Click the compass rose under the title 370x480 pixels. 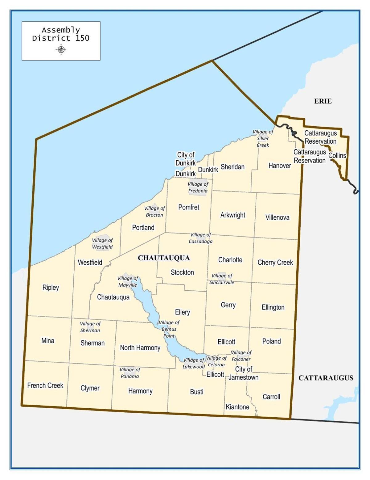click(x=61, y=49)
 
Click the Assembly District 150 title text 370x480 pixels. click(x=61, y=34)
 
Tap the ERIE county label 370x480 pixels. click(x=323, y=101)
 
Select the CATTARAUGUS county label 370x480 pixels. click(x=326, y=378)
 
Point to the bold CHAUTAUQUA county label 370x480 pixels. click(x=164, y=258)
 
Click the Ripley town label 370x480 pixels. click(x=51, y=288)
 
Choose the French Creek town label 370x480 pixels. click(x=45, y=385)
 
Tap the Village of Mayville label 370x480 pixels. click(x=128, y=281)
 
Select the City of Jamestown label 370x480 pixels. click(x=244, y=373)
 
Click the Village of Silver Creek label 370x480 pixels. click(x=263, y=138)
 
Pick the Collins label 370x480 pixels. click(x=337, y=155)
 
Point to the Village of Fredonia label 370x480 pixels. click(x=198, y=187)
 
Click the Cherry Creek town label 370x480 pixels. click(x=275, y=263)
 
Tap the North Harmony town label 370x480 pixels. click(x=140, y=348)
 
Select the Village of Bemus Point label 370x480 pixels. click(x=169, y=329)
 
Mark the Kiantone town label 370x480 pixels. click(x=237, y=407)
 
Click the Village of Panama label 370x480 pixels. click(x=129, y=373)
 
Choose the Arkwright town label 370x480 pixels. click(x=232, y=215)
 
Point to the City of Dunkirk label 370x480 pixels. click(x=186, y=159)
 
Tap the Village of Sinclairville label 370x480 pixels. click(x=222, y=279)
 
